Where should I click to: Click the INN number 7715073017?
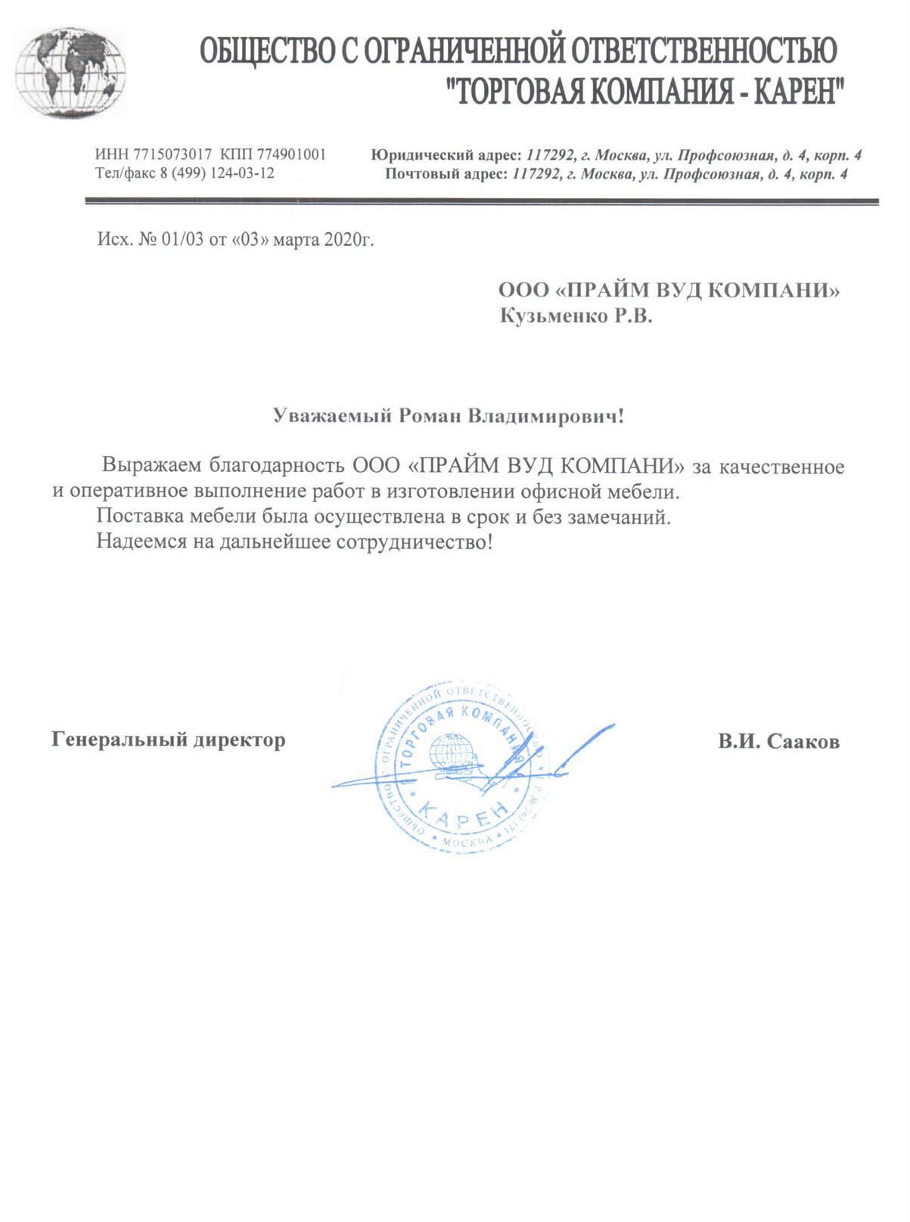172,155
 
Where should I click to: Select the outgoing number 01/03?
182,240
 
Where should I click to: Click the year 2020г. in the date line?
349,240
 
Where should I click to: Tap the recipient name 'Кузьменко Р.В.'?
576,316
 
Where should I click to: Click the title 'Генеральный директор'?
169,740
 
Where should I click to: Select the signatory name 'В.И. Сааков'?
778,742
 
